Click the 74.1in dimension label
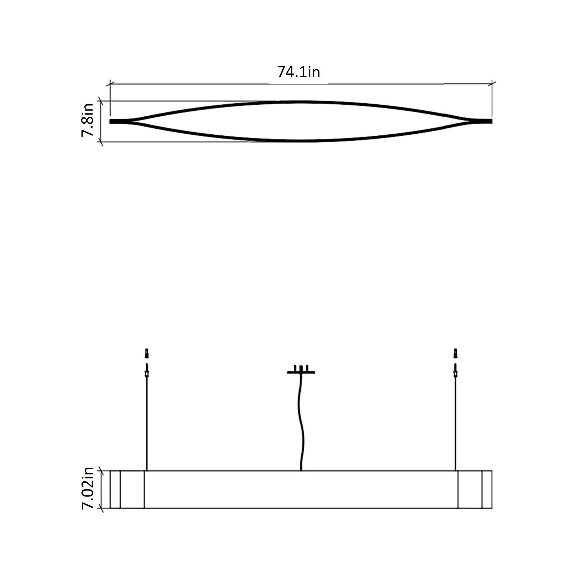click(298, 72)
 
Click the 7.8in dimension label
click(88, 120)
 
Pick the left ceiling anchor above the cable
click(147, 353)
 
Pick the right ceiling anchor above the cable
click(455, 353)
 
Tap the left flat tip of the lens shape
click(117, 121)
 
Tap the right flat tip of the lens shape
click(485, 121)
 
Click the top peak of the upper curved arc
click(301, 102)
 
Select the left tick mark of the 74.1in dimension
click(110, 84)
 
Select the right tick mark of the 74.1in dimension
click(492, 84)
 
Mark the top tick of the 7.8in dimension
click(101, 101)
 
